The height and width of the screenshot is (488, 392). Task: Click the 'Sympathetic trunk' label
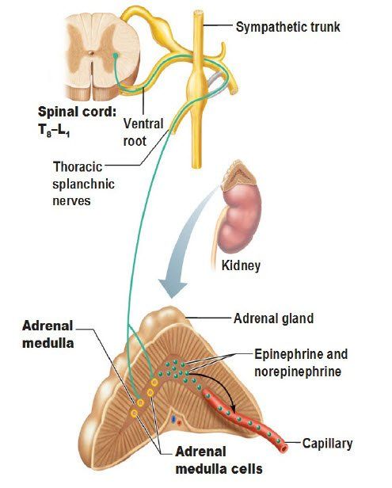click(x=287, y=27)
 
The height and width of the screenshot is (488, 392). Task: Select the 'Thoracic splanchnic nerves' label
click(x=83, y=184)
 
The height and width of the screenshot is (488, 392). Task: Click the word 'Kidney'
click(x=241, y=266)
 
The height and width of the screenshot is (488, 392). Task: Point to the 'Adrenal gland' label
click(x=273, y=318)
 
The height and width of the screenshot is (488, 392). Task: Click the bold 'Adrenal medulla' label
click(x=48, y=334)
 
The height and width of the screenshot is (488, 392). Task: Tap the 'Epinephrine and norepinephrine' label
click(x=301, y=363)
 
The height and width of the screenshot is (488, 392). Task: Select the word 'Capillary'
click(x=327, y=444)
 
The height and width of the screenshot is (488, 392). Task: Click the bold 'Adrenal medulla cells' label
click(x=219, y=460)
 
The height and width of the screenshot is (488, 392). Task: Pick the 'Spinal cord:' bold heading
click(x=77, y=112)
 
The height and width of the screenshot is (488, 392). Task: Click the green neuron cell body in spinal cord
click(x=116, y=55)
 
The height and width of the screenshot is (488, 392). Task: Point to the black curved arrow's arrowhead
click(x=232, y=407)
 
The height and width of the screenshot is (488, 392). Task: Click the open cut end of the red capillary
click(x=284, y=448)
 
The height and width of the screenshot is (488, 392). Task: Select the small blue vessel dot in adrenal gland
click(x=173, y=419)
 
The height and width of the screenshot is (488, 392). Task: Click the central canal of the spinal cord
click(x=90, y=52)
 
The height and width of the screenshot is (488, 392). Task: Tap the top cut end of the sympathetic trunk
click(x=198, y=13)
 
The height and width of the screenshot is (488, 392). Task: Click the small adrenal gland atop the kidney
click(x=239, y=174)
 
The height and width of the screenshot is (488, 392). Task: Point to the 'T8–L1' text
click(x=54, y=130)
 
